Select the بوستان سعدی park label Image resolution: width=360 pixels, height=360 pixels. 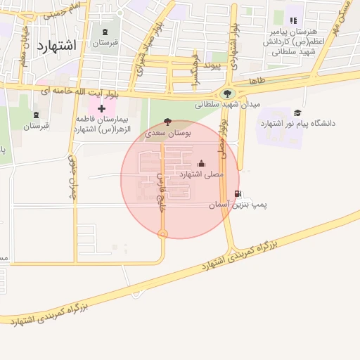[x=167, y=132]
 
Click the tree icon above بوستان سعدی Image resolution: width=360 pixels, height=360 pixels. [x=167, y=121]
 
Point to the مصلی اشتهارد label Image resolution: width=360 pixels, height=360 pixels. [x=201, y=173]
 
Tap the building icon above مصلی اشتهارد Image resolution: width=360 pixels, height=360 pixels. [x=202, y=163]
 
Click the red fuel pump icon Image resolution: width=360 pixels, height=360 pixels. [x=238, y=194]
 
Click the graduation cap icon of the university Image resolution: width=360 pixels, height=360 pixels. [x=297, y=112]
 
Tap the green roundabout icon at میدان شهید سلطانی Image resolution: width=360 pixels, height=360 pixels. [x=227, y=93]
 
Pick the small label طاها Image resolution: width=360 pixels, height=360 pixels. [x=257, y=82]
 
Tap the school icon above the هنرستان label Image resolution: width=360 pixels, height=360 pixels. [x=293, y=21]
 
